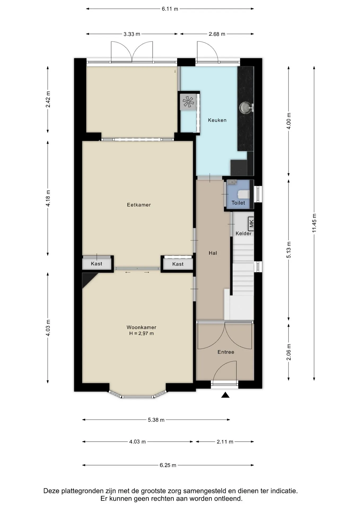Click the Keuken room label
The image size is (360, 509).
[x=217, y=120]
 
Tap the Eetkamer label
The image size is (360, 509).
[x=139, y=205]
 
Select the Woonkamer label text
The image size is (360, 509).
[x=141, y=327]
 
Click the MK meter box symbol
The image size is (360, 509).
[x=251, y=224]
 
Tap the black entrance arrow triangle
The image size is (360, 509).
[x=225, y=395]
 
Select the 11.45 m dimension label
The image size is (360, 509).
[x=314, y=223]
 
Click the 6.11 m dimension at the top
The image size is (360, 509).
[x=170, y=9]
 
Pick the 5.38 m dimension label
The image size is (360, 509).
[x=156, y=420]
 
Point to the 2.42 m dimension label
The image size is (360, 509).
[x=48, y=99]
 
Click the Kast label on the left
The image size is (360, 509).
[x=96, y=264]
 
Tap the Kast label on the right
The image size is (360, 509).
[x=178, y=264]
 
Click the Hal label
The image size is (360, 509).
[x=213, y=253]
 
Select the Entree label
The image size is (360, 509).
[x=226, y=352]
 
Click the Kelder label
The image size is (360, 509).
[x=244, y=233]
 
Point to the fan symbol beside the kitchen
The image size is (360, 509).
[x=188, y=102]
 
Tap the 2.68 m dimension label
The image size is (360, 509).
[x=217, y=34]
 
